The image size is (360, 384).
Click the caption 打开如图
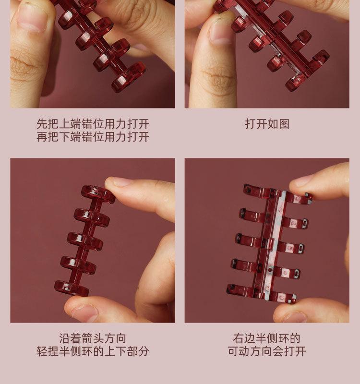pyautogui.click(x=267, y=124)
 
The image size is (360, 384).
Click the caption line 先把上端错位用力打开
pyautogui.click(x=93, y=124)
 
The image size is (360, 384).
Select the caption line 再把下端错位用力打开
pyautogui.click(x=93, y=137)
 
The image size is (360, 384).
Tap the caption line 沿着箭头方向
pyautogui.click(x=93, y=338)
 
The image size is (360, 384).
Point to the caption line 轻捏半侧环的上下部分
pyautogui.click(x=93, y=351)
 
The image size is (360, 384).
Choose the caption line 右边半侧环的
pyautogui.click(x=267, y=338)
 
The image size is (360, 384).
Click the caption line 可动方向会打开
pyautogui.click(x=267, y=351)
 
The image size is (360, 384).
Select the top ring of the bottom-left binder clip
pyautogui.click(x=98, y=194)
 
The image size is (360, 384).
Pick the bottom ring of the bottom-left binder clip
pyautogui.click(x=72, y=288)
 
